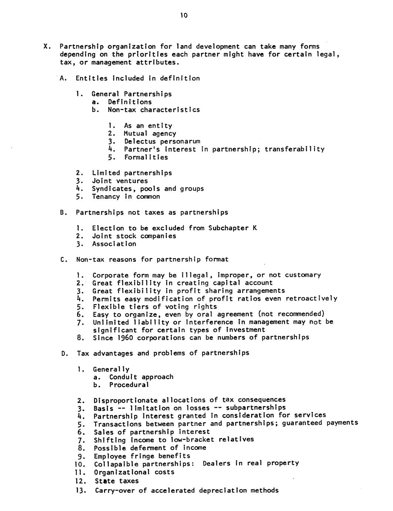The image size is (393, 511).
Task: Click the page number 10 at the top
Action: point(184,15)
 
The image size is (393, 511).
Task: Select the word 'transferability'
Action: point(294,149)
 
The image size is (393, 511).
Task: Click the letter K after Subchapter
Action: point(254,228)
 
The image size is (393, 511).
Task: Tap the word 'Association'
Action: point(114,244)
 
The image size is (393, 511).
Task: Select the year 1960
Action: point(121,338)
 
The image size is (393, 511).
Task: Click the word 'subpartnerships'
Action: point(256,408)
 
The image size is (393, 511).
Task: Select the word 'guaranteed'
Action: point(302,423)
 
